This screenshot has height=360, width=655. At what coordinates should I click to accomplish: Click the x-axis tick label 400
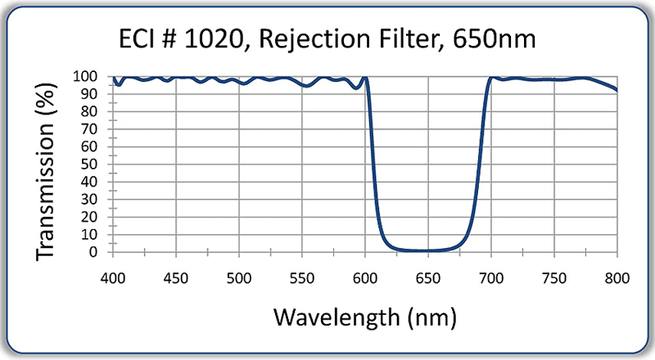(x=113, y=277)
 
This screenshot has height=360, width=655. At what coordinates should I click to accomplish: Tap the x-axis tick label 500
(x=239, y=277)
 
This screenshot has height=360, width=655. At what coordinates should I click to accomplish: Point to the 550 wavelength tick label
(x=302, y=277)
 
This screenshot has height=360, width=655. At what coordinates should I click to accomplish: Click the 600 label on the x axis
(x=365, y=277)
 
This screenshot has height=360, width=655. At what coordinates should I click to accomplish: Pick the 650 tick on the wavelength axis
(x=428, y=277)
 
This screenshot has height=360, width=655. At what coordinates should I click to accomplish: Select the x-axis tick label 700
(x=491, y=277)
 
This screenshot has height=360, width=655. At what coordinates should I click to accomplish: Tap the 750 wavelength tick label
(x=554, y=277)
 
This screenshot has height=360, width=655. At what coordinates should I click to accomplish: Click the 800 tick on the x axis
(x=617, y=277)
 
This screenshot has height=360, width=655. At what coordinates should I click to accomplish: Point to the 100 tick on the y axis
(x=88, y=77)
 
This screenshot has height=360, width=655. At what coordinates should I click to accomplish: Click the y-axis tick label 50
(x=92, y=164)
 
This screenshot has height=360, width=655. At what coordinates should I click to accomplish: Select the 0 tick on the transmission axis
(x=96, y=252)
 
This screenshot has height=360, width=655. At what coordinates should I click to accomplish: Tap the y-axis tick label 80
(x=92, y=112)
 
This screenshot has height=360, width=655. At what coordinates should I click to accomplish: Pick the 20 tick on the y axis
(x=92, y=217)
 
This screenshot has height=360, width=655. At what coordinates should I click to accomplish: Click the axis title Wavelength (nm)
(x=364, y=315)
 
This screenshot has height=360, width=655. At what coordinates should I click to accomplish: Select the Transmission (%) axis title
(x=47, y=164)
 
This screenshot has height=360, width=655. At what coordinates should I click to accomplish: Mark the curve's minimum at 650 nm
(x=428, y=250)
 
